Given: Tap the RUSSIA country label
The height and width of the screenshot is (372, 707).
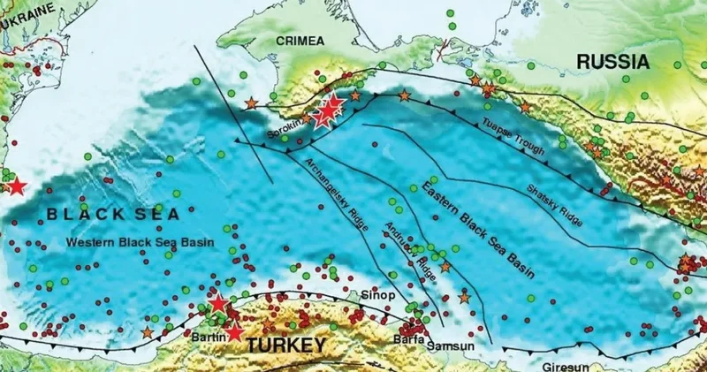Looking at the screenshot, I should pos(613,62).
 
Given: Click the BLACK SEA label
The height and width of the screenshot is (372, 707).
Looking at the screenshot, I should pos(113,214).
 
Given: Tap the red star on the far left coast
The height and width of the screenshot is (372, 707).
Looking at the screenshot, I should pos(15,186).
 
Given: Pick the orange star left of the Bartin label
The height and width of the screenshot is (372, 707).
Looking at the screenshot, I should pos(148,332).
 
